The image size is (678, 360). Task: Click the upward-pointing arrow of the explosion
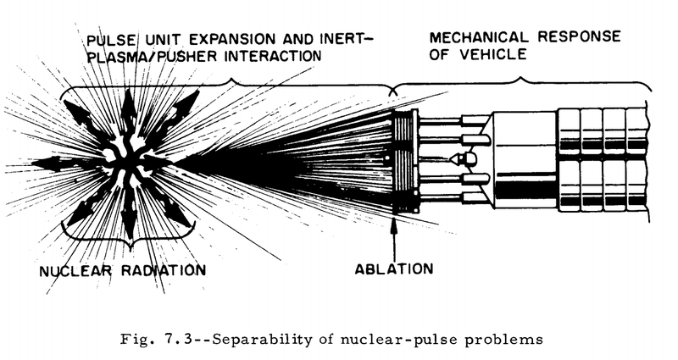point(129,110)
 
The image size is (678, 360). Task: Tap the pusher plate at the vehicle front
point(405,163)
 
